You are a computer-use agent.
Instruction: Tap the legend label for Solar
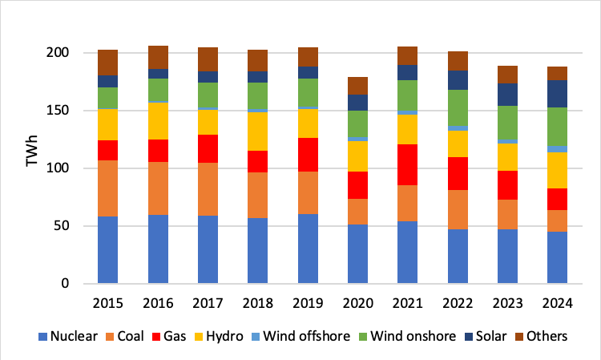point(470,336)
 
